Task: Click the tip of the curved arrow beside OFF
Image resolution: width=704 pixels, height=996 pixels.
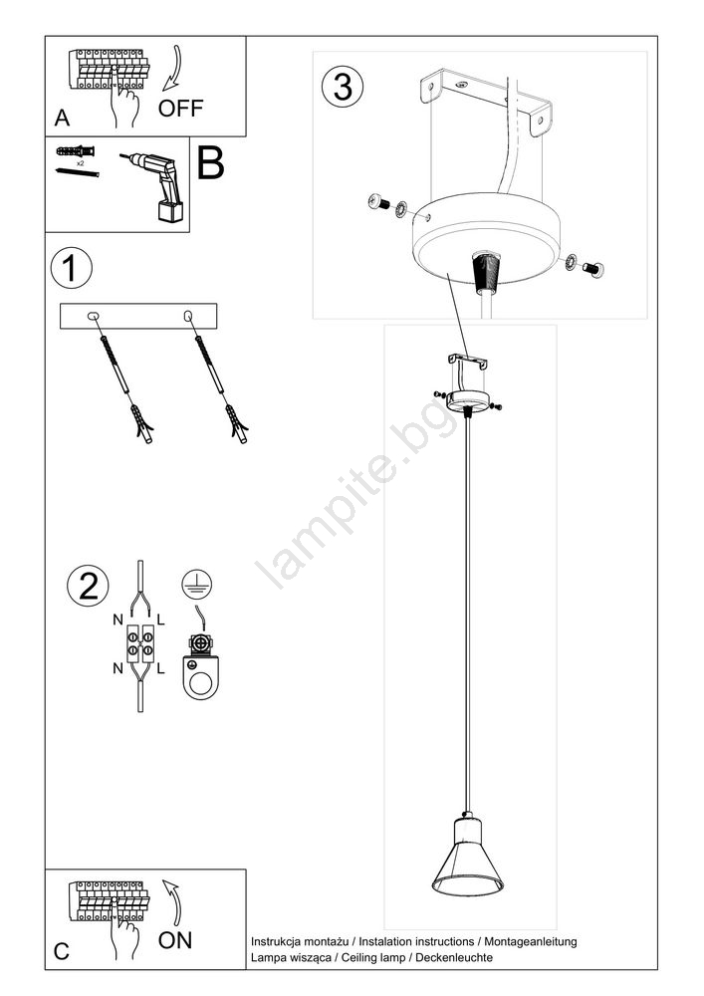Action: pos(163,91)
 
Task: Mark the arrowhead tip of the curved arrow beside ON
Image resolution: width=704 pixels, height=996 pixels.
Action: pos(163,881)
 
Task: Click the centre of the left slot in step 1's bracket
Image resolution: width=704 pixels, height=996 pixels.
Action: pos(93,316)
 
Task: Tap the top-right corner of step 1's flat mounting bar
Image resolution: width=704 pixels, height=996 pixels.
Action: pos(217,304)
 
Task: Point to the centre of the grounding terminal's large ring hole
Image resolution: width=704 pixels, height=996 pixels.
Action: pos(202,684)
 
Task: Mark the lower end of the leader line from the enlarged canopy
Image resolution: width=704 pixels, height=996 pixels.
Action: pos(468,357)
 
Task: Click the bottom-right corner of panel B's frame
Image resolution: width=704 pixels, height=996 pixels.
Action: pos(190,232)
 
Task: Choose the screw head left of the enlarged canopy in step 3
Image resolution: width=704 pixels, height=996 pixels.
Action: pos(378,202)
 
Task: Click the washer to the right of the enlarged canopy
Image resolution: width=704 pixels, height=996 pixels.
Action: pos(571,261)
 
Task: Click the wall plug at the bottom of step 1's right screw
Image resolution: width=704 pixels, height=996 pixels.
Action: pos(236,424)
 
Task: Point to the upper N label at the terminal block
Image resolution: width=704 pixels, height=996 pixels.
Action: pos(118,620)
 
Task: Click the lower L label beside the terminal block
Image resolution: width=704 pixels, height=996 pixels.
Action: pos(160,668)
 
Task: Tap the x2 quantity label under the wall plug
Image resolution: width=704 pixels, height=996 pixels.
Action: pos(81,163)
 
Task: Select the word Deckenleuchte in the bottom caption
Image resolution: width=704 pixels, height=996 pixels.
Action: pos(454,957)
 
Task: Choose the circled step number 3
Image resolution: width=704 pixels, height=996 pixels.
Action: pos(343,87)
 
